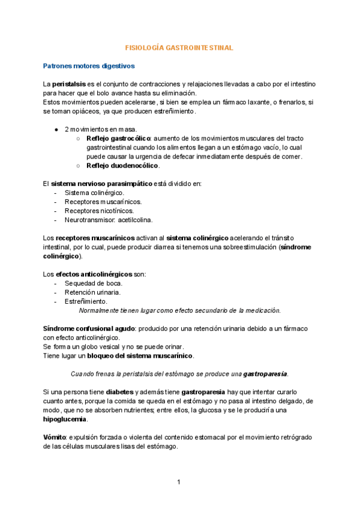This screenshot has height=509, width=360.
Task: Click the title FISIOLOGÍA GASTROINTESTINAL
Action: tap(178, 46)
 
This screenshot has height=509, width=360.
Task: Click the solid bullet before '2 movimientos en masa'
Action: tap(56, 130)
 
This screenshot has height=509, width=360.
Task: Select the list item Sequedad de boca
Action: tap(94, 283)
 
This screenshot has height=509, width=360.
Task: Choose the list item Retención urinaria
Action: tap(92, 292)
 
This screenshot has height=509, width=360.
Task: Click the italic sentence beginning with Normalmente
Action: tap(180, 310)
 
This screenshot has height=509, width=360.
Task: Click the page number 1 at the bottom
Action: tap(179, 482)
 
